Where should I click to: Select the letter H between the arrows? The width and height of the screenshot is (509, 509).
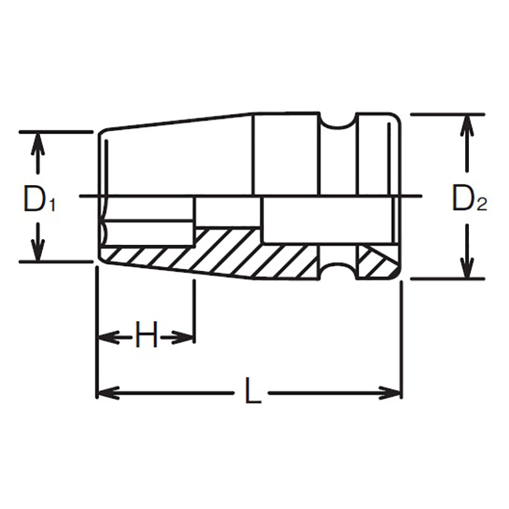(x=146, y=335)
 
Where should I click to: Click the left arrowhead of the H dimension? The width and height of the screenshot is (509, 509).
(x=106, y=336)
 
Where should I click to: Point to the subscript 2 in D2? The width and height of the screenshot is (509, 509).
(x=482, y=205)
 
